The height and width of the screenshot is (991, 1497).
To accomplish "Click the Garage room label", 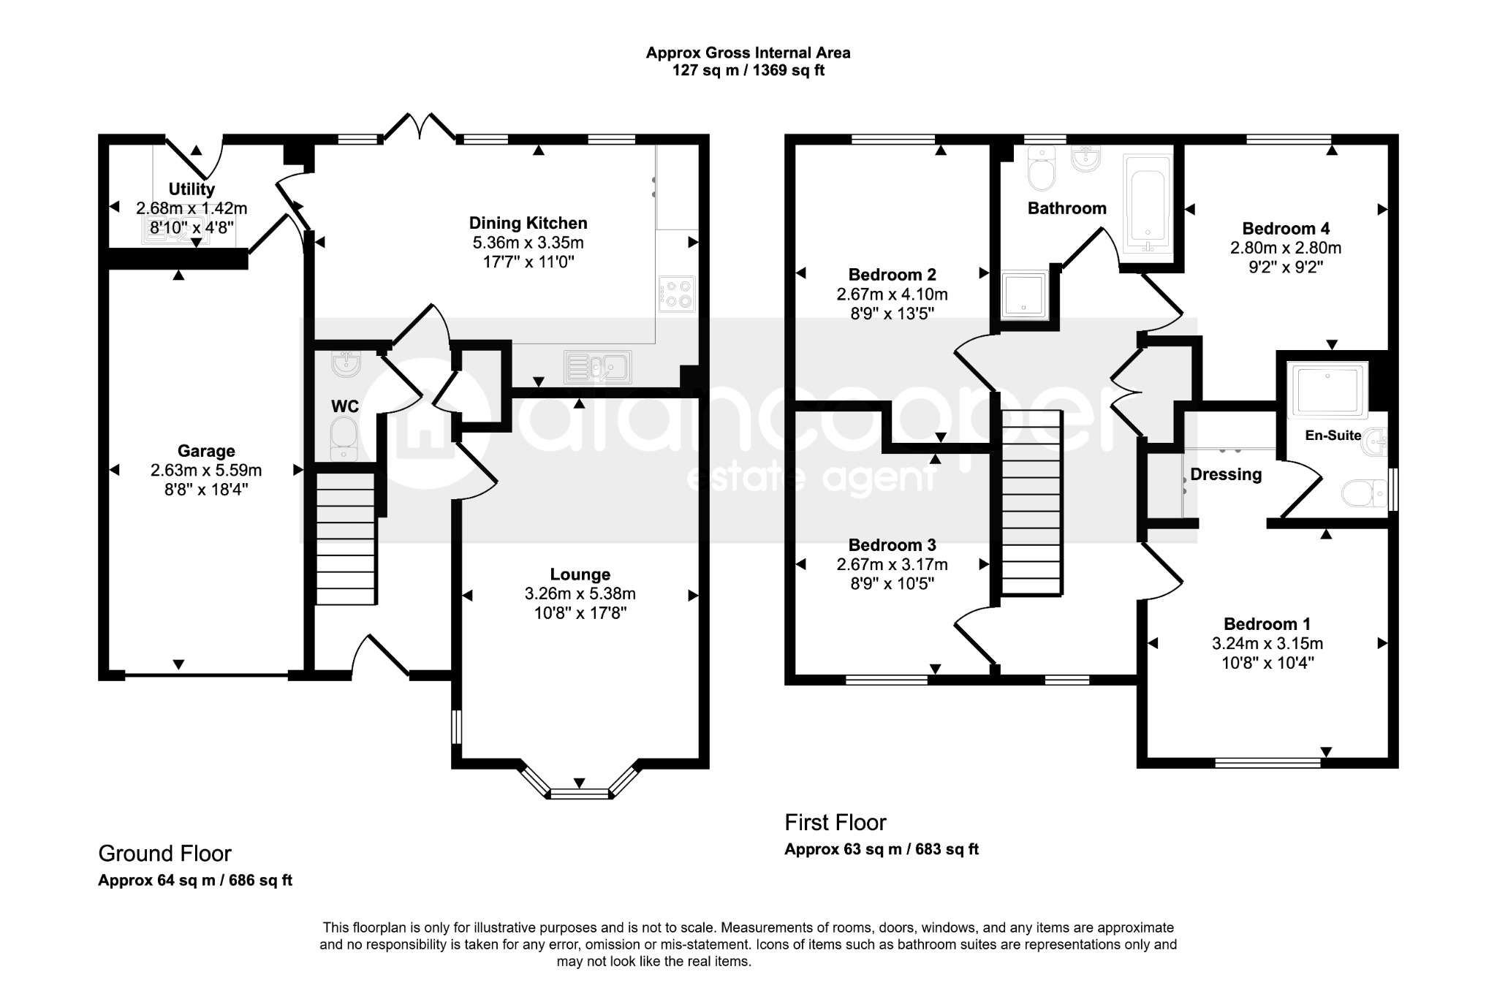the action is tap(206, 451).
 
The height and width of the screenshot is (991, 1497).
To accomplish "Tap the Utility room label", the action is tap(192, 189).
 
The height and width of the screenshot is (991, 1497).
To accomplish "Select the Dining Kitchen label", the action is tap(528, 223).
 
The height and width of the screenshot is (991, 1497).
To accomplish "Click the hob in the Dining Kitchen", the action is tap(678, 294).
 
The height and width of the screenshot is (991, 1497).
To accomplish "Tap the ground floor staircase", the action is tap(346, 539).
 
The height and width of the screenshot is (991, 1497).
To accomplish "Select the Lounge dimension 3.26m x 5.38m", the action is tap(580, 594).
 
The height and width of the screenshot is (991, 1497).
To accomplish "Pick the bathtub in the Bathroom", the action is tap(1148, 203).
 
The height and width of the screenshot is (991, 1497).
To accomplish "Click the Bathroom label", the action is tap(1067, 208).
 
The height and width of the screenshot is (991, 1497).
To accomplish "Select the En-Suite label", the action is tap(1333, 436).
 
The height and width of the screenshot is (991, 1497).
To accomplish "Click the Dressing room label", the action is tap(1226, 475).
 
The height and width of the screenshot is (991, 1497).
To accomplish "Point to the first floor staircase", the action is tap(1031, 503).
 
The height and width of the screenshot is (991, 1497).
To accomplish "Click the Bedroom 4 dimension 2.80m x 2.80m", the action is tap(1286, 248).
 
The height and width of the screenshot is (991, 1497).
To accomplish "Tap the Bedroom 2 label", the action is tap(892, 275).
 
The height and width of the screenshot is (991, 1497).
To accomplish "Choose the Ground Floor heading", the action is tap(164, 854).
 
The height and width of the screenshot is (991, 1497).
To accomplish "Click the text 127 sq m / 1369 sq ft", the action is tap(748, 71).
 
